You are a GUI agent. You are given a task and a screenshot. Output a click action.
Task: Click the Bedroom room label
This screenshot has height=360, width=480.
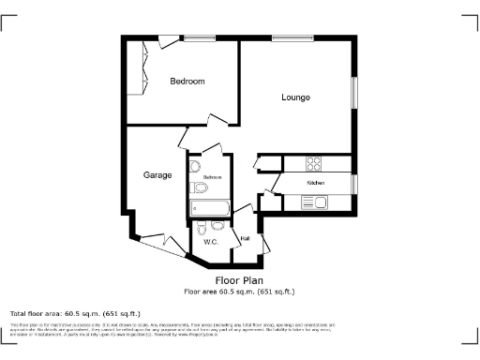[x=187, y=82]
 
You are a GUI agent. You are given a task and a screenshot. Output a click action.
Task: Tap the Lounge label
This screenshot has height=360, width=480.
[x=295, y=97]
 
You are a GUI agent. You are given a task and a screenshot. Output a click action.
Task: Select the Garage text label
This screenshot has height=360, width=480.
[x=157, y=175]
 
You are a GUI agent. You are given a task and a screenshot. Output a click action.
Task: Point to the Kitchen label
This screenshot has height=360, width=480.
[x=315, y=183]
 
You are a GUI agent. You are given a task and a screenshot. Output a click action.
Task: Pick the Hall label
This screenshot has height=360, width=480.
[x=245, y=239]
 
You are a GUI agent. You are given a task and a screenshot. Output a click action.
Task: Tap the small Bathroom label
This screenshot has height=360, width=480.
[x=212, y=177]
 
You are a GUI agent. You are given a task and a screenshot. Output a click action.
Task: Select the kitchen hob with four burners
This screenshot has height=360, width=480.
[x=314, y=160]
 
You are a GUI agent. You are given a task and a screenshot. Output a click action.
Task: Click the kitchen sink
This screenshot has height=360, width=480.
[x=313, y=202]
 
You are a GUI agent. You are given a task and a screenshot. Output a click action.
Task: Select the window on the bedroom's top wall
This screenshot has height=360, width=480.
[x=199, y=37]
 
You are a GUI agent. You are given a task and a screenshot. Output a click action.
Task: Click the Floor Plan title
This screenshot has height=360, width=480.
[x=239, y=280]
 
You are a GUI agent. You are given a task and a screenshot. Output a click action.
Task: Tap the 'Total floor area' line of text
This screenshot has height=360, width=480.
[x=75, y=313]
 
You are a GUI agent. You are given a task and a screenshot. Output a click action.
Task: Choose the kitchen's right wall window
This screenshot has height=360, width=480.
[x=354, y=184]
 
